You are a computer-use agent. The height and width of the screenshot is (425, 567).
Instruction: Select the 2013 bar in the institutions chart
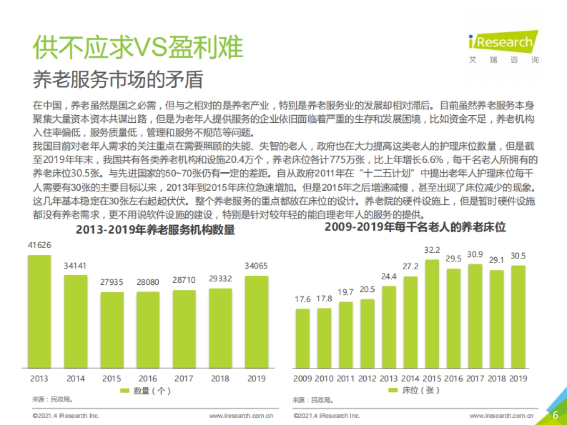[39, 312]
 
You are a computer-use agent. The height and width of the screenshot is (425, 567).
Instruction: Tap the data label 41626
[39, 245]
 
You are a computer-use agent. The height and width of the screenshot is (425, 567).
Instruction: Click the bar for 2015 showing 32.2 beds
[432, 314]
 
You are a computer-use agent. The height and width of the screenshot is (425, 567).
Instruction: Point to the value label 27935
[112, 282]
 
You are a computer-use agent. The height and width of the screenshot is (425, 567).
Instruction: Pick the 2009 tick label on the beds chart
[302, 379]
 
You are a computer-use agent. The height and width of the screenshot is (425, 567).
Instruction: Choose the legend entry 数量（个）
[146, 391]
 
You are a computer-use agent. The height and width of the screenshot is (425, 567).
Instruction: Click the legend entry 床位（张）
[414, 391]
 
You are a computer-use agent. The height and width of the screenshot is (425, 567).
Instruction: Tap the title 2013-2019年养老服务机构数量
[148, 230]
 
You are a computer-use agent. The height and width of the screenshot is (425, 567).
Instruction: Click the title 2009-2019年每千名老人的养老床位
[415, 227]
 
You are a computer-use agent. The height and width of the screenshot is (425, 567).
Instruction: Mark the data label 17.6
[302, 299]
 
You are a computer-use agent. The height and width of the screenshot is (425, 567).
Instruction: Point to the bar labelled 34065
[257, 322]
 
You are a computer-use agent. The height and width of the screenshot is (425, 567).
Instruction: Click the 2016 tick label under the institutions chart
[147, 379]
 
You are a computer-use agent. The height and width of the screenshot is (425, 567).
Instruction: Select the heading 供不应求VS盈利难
[138, 48]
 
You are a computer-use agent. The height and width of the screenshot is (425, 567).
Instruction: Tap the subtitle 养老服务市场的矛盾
[118, 80]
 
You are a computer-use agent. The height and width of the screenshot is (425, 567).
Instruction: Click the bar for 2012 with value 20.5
[367, 333]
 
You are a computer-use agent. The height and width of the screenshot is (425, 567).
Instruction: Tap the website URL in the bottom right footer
[501, 416]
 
